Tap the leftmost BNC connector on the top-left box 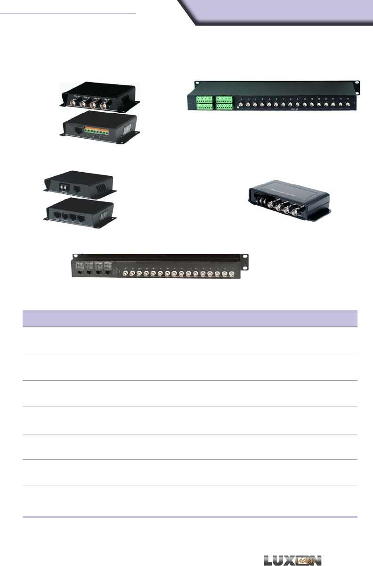[74, 103]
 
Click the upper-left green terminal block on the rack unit [204, 100]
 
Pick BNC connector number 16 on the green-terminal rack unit [347, 104]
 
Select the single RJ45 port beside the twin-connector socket [77, 187]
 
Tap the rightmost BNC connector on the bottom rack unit [231, 275]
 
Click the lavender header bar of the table [190, 318]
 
